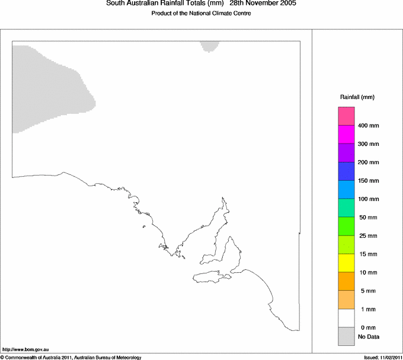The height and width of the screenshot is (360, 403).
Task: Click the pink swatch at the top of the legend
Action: click(x=346, y=116)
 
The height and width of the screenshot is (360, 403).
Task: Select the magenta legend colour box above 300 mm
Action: click(x=346, y=134)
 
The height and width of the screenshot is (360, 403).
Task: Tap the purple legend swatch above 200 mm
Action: click(x=346, y=152)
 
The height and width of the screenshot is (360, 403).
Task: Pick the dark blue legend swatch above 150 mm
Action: click(x=346, y=171)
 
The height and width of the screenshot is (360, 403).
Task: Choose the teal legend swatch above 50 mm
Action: click(x=346, y=208)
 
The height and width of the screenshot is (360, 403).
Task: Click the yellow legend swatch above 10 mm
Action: click(x=346, y=263)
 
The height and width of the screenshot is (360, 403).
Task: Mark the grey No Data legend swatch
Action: click(x=346, y=336)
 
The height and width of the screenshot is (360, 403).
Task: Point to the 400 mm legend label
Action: click(x=369, y=126)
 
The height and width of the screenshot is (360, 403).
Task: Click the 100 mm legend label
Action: click(x=369, y=199)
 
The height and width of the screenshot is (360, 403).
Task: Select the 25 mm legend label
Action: click(x=367, y=236)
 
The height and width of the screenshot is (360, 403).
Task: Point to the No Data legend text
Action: click(x=368, y=337)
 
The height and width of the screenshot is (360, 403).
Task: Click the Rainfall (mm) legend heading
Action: click(x=357, y=97)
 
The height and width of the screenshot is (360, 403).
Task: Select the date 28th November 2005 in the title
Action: click(x=263, y=4)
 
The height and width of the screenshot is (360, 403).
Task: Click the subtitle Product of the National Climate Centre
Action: click(x=201, y=13)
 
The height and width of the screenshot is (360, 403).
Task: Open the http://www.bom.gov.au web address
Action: click(x=25, y=349)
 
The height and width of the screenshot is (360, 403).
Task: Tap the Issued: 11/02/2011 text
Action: click(x=382, y=357)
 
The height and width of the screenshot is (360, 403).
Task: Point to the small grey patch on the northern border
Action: click(x=209, y=46)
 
